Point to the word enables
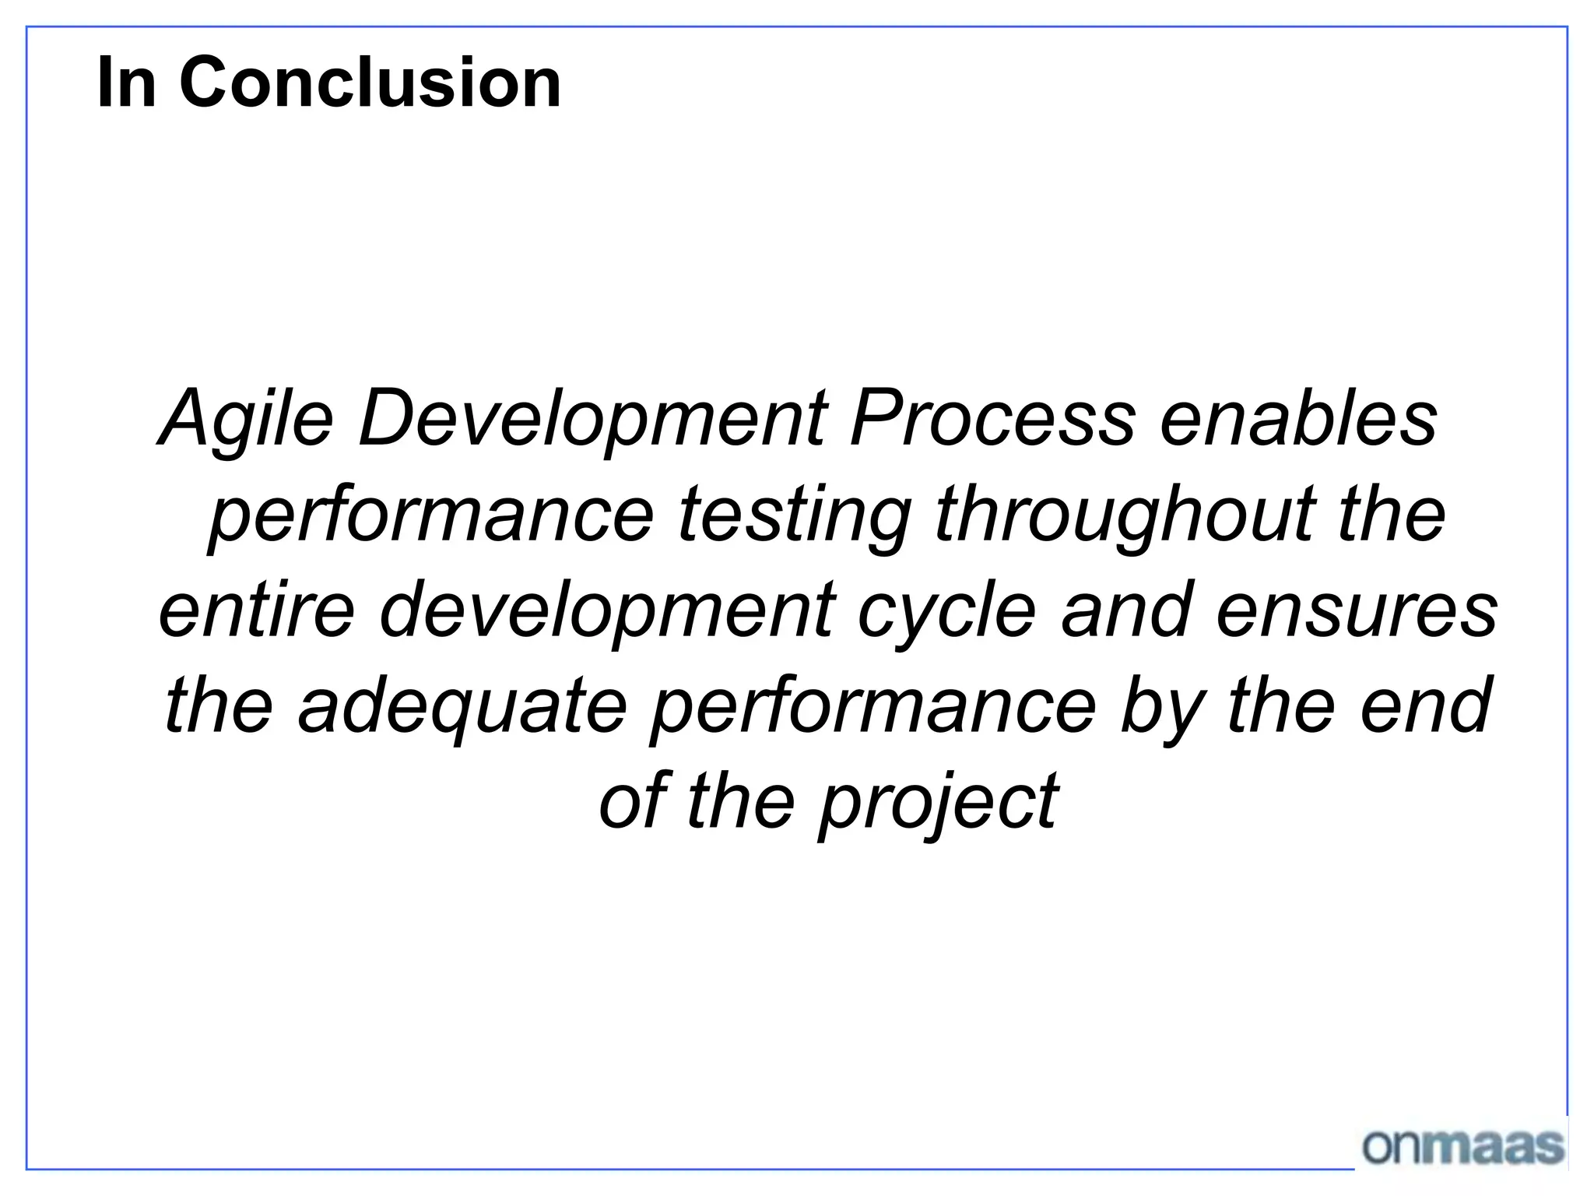(1298, 419)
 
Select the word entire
(257, 610)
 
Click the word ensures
(1356, 610)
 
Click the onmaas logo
(1462, 1146)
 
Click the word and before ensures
(1125, 610)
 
